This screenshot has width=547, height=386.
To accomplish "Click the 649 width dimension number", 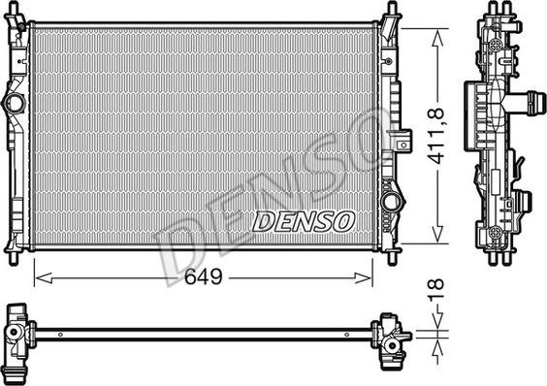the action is click(x=204, y=277).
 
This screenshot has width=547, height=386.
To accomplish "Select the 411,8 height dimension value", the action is click(x=436, y=136).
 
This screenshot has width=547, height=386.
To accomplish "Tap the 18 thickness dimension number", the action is click(x=436, y=289).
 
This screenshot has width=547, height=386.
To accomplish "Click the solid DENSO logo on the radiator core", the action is click(x=304, y=222).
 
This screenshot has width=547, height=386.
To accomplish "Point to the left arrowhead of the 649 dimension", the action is click(x=44, y=278).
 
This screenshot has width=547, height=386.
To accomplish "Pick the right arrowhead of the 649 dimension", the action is click(x=363, y=278).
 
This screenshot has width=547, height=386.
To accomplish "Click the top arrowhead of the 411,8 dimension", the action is click(x=437, y=38).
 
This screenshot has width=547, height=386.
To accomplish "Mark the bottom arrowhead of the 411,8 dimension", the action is click(x=437, y=234).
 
